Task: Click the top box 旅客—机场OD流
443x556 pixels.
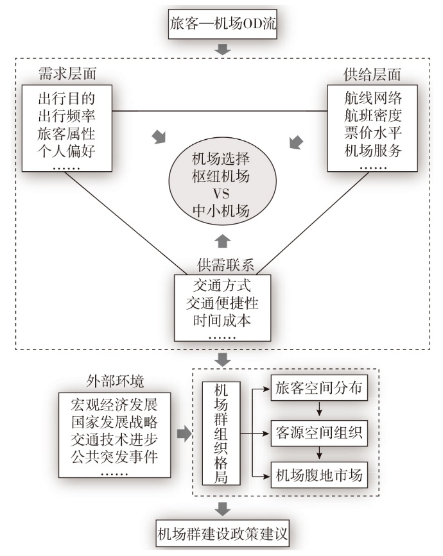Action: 221,25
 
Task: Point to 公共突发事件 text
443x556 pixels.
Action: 117,458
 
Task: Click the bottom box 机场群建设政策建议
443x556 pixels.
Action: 223,534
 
